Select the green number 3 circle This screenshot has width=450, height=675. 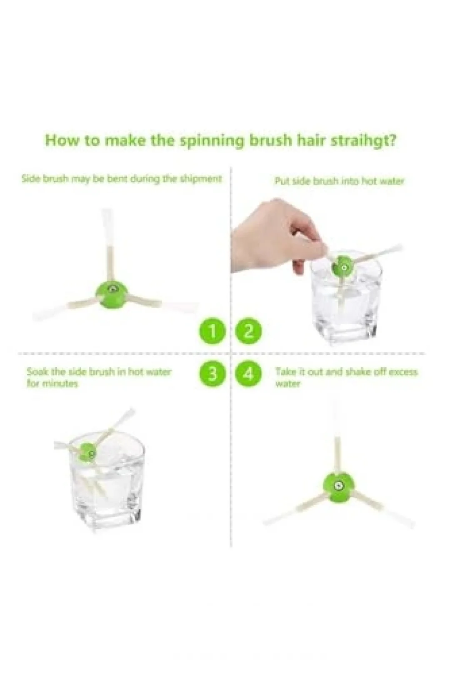(212, 374)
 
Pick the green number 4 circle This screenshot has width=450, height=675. (248, 374)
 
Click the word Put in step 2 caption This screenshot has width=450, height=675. (280, 181)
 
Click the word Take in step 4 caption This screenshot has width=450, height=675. (285, 371)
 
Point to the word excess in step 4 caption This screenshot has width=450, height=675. (402, 371)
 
